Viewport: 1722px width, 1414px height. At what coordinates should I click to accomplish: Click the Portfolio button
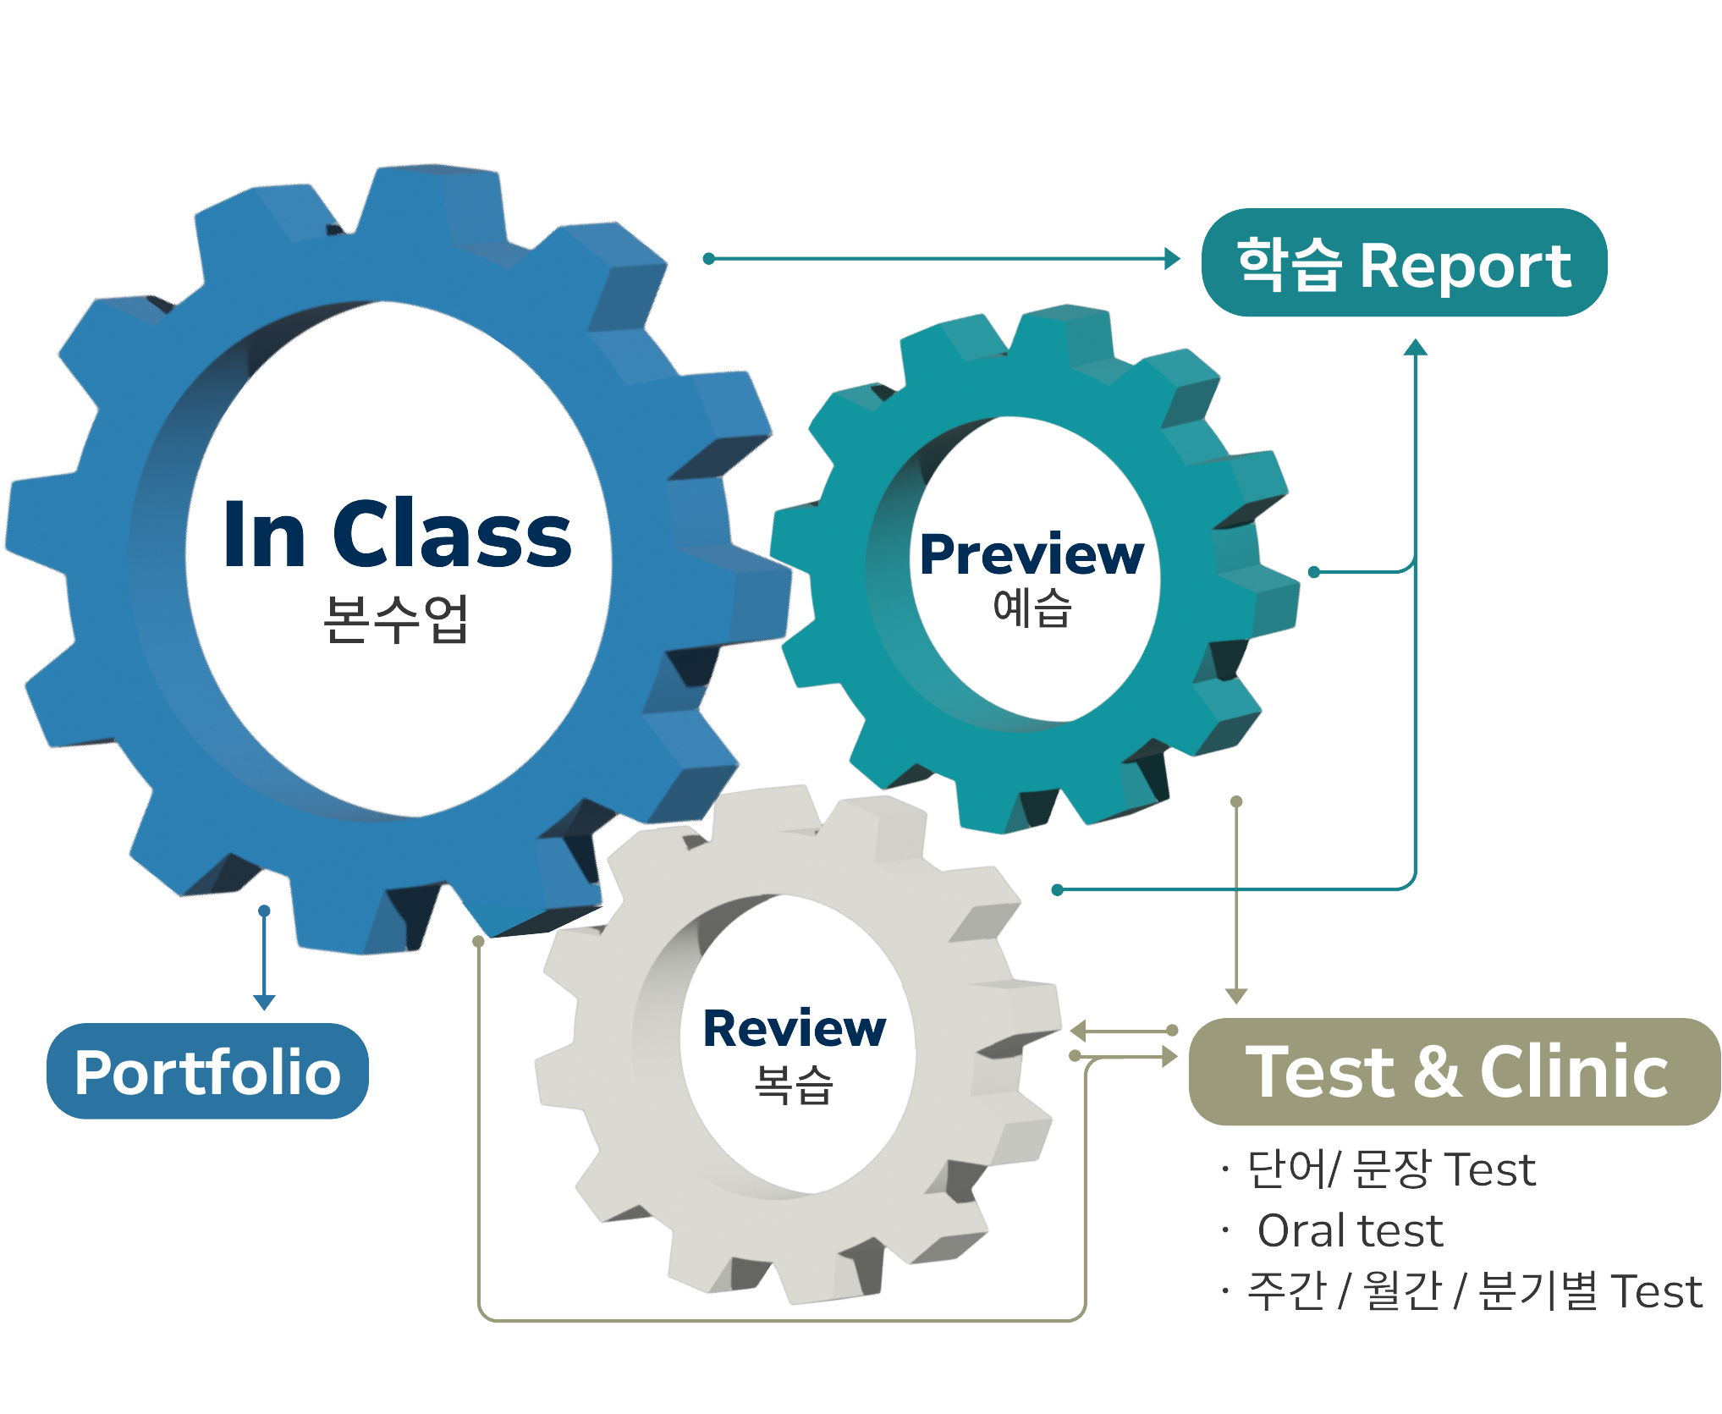tap(207, 1072)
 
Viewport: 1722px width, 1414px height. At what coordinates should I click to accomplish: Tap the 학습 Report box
tap(1404, 264)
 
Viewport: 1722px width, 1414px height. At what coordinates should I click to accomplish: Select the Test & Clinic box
tap(1455, 1072)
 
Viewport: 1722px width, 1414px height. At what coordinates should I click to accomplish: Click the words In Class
tap(396, 535)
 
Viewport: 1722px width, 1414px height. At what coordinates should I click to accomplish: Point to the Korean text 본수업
tap(396, 619)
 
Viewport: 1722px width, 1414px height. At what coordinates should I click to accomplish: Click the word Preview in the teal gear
tap(1031, 555)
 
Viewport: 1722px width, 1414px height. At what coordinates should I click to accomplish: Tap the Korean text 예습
tap(1032, 608)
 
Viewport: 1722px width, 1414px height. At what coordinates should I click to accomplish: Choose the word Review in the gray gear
tap(794, 1029)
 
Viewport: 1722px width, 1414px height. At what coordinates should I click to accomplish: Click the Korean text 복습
tap(794, 1084)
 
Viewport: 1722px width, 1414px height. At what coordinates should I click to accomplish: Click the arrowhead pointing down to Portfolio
tap(264, 1003)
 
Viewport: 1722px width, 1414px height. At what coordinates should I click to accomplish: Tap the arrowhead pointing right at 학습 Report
tap(1172, 259)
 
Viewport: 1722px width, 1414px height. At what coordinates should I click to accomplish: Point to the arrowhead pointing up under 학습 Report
tap(1415, 347)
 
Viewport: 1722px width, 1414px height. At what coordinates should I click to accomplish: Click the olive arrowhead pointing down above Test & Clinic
tap(1236, 996)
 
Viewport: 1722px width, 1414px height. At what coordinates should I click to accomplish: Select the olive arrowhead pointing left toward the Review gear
tap(1078, 1031)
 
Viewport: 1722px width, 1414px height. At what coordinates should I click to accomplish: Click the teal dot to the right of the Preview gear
tap(1314, 572)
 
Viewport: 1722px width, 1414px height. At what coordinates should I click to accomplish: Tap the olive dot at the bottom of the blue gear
tap(478, 941)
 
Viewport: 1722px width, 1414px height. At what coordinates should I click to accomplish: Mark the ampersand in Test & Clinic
tap(1436, 1072)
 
